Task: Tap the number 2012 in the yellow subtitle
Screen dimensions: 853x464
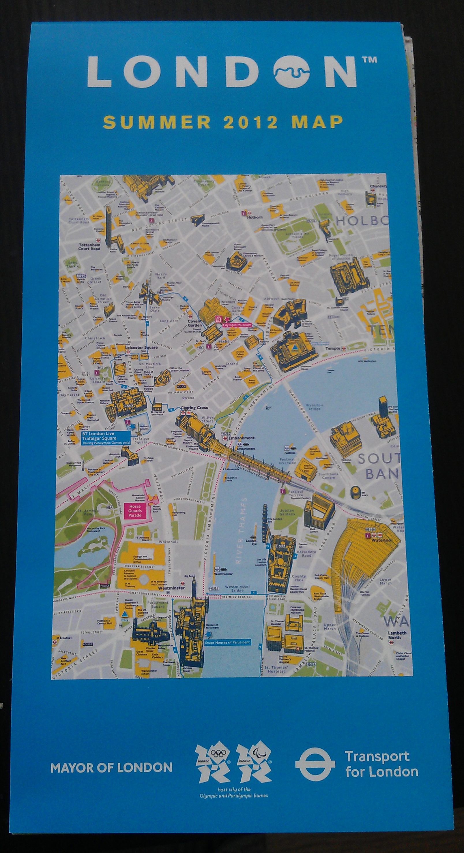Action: (x=250, y=122)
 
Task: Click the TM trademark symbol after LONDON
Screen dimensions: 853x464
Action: (x=368, y=59)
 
